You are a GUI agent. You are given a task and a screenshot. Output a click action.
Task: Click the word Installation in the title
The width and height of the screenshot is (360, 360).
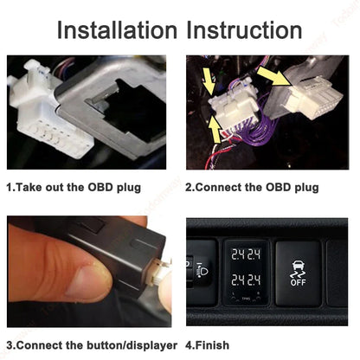click(117, 30)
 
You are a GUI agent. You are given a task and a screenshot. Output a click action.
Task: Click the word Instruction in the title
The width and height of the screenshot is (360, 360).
click(244, 30)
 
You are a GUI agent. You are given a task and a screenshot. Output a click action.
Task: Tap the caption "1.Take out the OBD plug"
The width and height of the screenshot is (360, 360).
click(74, 188)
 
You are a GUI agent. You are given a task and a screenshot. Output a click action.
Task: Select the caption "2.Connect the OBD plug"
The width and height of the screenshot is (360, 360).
click(252, 188)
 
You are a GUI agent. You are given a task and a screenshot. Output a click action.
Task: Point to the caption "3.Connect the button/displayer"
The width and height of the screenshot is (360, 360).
click(92, 345)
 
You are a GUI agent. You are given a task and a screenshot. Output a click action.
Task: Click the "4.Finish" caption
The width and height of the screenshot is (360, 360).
click(207, 345)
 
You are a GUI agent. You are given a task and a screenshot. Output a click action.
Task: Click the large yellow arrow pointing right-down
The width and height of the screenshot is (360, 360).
click(273, 76)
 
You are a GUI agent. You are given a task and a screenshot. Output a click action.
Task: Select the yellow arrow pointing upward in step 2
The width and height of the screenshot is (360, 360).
click(215, 129)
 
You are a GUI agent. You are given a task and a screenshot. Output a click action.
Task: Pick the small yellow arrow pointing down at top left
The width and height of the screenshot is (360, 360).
click(209, 80)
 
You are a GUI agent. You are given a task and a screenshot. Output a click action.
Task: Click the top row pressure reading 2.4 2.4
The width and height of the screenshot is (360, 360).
click(246, 254)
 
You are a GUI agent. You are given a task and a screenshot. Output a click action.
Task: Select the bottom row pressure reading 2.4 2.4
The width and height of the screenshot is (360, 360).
click(246, 280)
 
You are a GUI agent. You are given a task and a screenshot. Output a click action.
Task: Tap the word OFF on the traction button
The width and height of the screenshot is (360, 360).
click(298, 282)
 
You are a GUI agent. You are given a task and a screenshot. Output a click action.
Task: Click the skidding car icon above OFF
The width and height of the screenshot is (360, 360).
click(298, 269)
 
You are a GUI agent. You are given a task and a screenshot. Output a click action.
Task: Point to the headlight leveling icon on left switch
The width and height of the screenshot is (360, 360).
click(203, 270)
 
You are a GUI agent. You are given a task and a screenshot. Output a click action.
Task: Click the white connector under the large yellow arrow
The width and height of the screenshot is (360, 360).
click(312, 98)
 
